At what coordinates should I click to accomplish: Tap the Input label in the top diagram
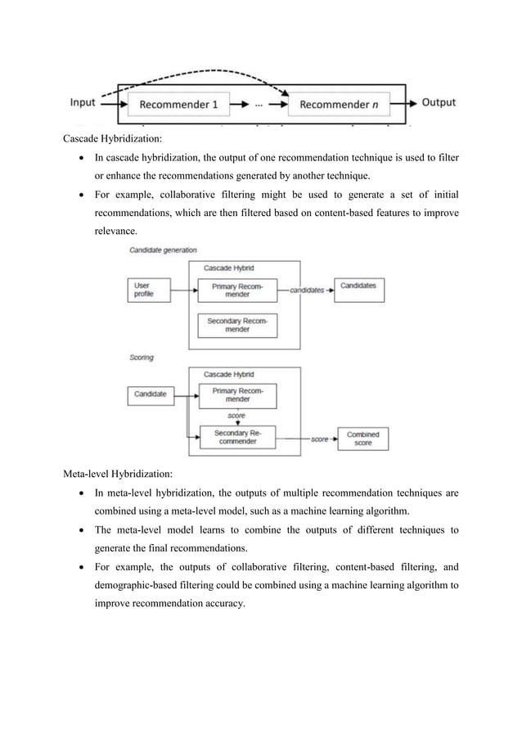(83, 103)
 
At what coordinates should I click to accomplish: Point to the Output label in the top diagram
(439, 103)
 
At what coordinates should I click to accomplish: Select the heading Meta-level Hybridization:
(124, 472)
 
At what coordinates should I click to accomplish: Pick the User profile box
(148, 290)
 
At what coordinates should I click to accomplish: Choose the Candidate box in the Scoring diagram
(150, 394)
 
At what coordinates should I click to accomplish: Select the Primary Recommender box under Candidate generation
(237, 290)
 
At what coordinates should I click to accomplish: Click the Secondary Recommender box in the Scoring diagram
(237, 438)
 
